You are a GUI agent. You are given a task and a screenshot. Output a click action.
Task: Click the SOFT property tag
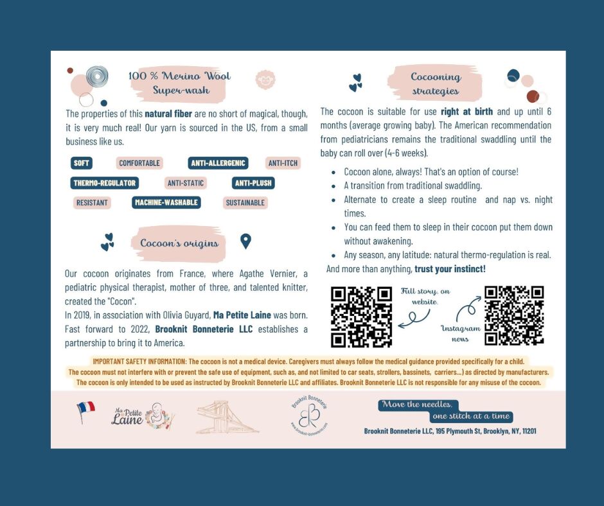82,163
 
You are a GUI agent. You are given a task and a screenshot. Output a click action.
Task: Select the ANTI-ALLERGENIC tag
218,163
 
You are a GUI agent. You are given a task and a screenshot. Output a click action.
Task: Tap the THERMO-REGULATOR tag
104,183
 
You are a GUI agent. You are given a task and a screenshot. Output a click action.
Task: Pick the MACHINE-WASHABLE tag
166,203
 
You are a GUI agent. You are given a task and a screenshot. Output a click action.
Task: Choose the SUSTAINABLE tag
245,203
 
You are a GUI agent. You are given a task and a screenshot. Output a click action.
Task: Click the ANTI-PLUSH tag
253,183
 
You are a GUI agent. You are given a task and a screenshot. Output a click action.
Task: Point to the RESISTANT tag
92,203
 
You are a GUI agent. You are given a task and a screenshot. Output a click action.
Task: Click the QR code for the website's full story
360,317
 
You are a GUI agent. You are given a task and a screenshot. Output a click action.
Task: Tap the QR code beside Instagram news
514,315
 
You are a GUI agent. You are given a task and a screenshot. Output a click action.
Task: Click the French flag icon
85,411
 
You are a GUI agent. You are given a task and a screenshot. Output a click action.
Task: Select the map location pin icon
245,241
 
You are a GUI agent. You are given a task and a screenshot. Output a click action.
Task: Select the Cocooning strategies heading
436,83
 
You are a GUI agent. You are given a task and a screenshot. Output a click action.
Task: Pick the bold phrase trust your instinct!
449,268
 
